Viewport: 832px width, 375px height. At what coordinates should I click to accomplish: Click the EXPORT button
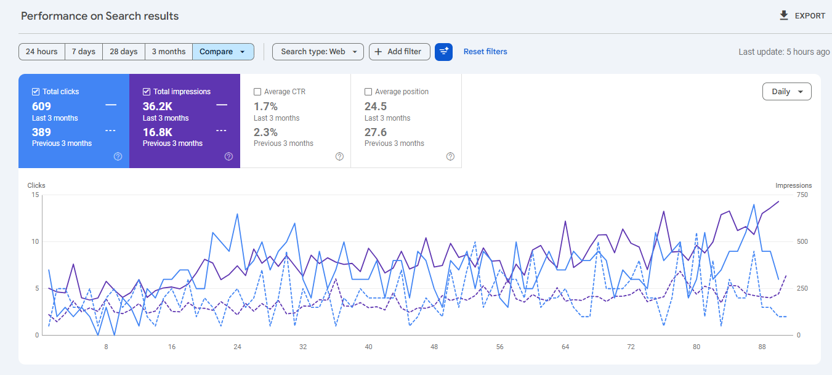coord(802,16)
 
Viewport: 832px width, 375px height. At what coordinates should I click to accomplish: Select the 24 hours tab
coord(42,52)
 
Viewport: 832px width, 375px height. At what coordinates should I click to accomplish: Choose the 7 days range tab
coord(83,52)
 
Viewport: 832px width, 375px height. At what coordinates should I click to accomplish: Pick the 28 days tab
coord(124,52)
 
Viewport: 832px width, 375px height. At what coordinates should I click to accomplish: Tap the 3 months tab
coord(169,52)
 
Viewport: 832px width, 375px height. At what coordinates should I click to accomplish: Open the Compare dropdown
coord(223,52)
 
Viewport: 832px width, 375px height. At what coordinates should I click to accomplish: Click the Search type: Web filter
coord(318,52)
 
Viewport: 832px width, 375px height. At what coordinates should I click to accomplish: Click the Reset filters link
coord(485,52)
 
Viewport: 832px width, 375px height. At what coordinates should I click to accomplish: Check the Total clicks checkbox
coord(35,92)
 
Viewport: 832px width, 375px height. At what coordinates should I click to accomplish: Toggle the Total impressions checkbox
coord(147,92)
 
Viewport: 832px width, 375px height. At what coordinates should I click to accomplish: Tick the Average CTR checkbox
coord(257,92)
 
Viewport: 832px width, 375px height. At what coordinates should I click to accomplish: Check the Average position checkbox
coord(368,92)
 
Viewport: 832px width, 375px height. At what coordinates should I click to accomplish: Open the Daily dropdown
coord(786,92)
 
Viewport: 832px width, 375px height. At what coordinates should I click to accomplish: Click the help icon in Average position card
coord(450,156)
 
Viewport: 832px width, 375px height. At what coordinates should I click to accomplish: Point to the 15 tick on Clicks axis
coord(35,195)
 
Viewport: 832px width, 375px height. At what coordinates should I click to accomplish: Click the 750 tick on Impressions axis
coord(802,195)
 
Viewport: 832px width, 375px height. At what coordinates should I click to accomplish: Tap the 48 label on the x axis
coord(434,347)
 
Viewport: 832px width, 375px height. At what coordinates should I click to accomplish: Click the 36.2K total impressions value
coord(158,106)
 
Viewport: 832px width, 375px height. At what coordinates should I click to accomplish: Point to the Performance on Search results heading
coord(100,16)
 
